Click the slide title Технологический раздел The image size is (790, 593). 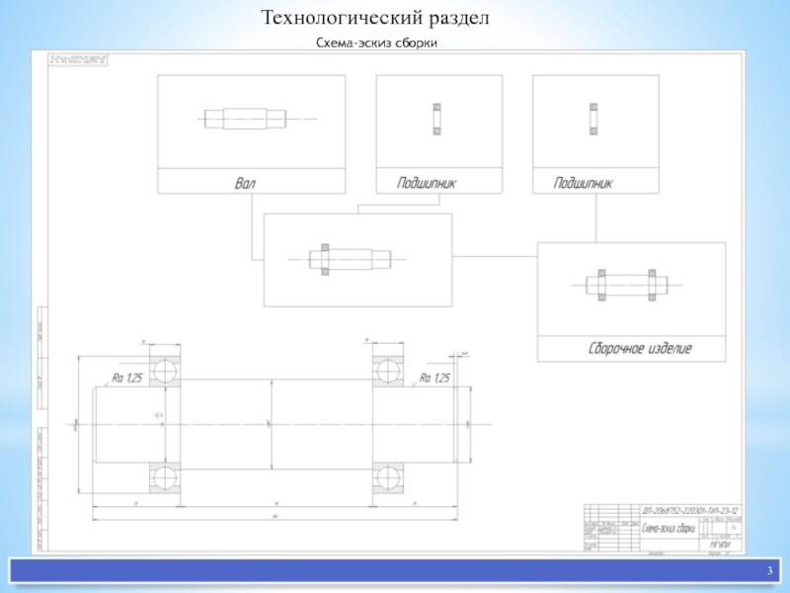[374, 19]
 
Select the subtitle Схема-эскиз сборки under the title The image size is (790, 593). [376, 43]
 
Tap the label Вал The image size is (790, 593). [245, 183]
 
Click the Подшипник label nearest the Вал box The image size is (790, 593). [426, 183]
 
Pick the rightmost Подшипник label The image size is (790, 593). [584, 183]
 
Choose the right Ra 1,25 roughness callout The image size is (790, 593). [434, 378]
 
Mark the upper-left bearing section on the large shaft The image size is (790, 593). [164, 369]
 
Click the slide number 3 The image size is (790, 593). [769, 572]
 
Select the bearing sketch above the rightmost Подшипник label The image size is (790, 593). [592, 119]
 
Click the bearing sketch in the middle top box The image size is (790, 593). [435, 119]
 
